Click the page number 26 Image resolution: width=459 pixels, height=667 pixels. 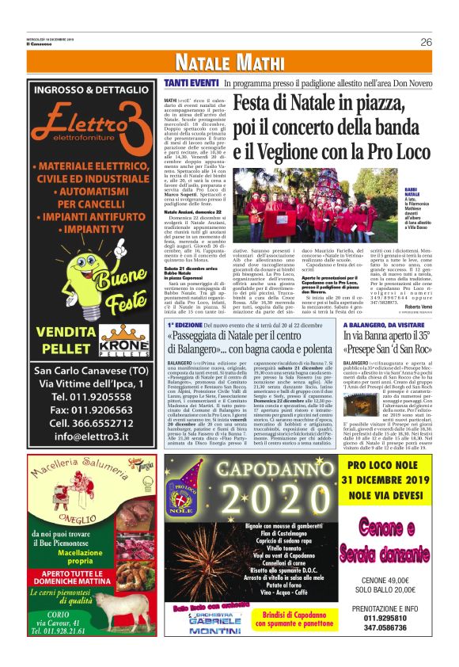click(426, 42)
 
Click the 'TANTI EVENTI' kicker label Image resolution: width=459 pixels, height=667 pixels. click(192, 82)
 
